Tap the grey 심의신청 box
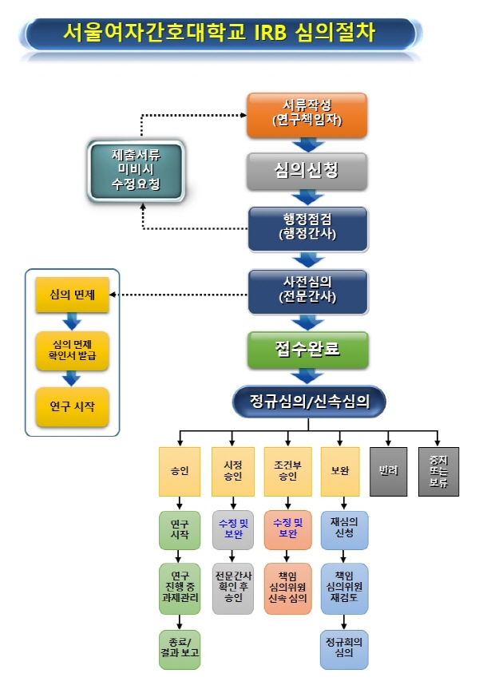[307, 169]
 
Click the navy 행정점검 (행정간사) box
[307, 228]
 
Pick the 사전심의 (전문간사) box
[307, 291]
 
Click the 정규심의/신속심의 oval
[308, 402]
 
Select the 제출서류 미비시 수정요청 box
[135, 170]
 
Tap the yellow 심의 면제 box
[72, 295]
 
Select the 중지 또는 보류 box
[438, 472]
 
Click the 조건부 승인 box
[287, 472]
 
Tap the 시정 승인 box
[232, 472]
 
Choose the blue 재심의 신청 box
[344, 531]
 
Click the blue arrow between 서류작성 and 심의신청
[307, 145]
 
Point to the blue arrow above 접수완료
[307, 322]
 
